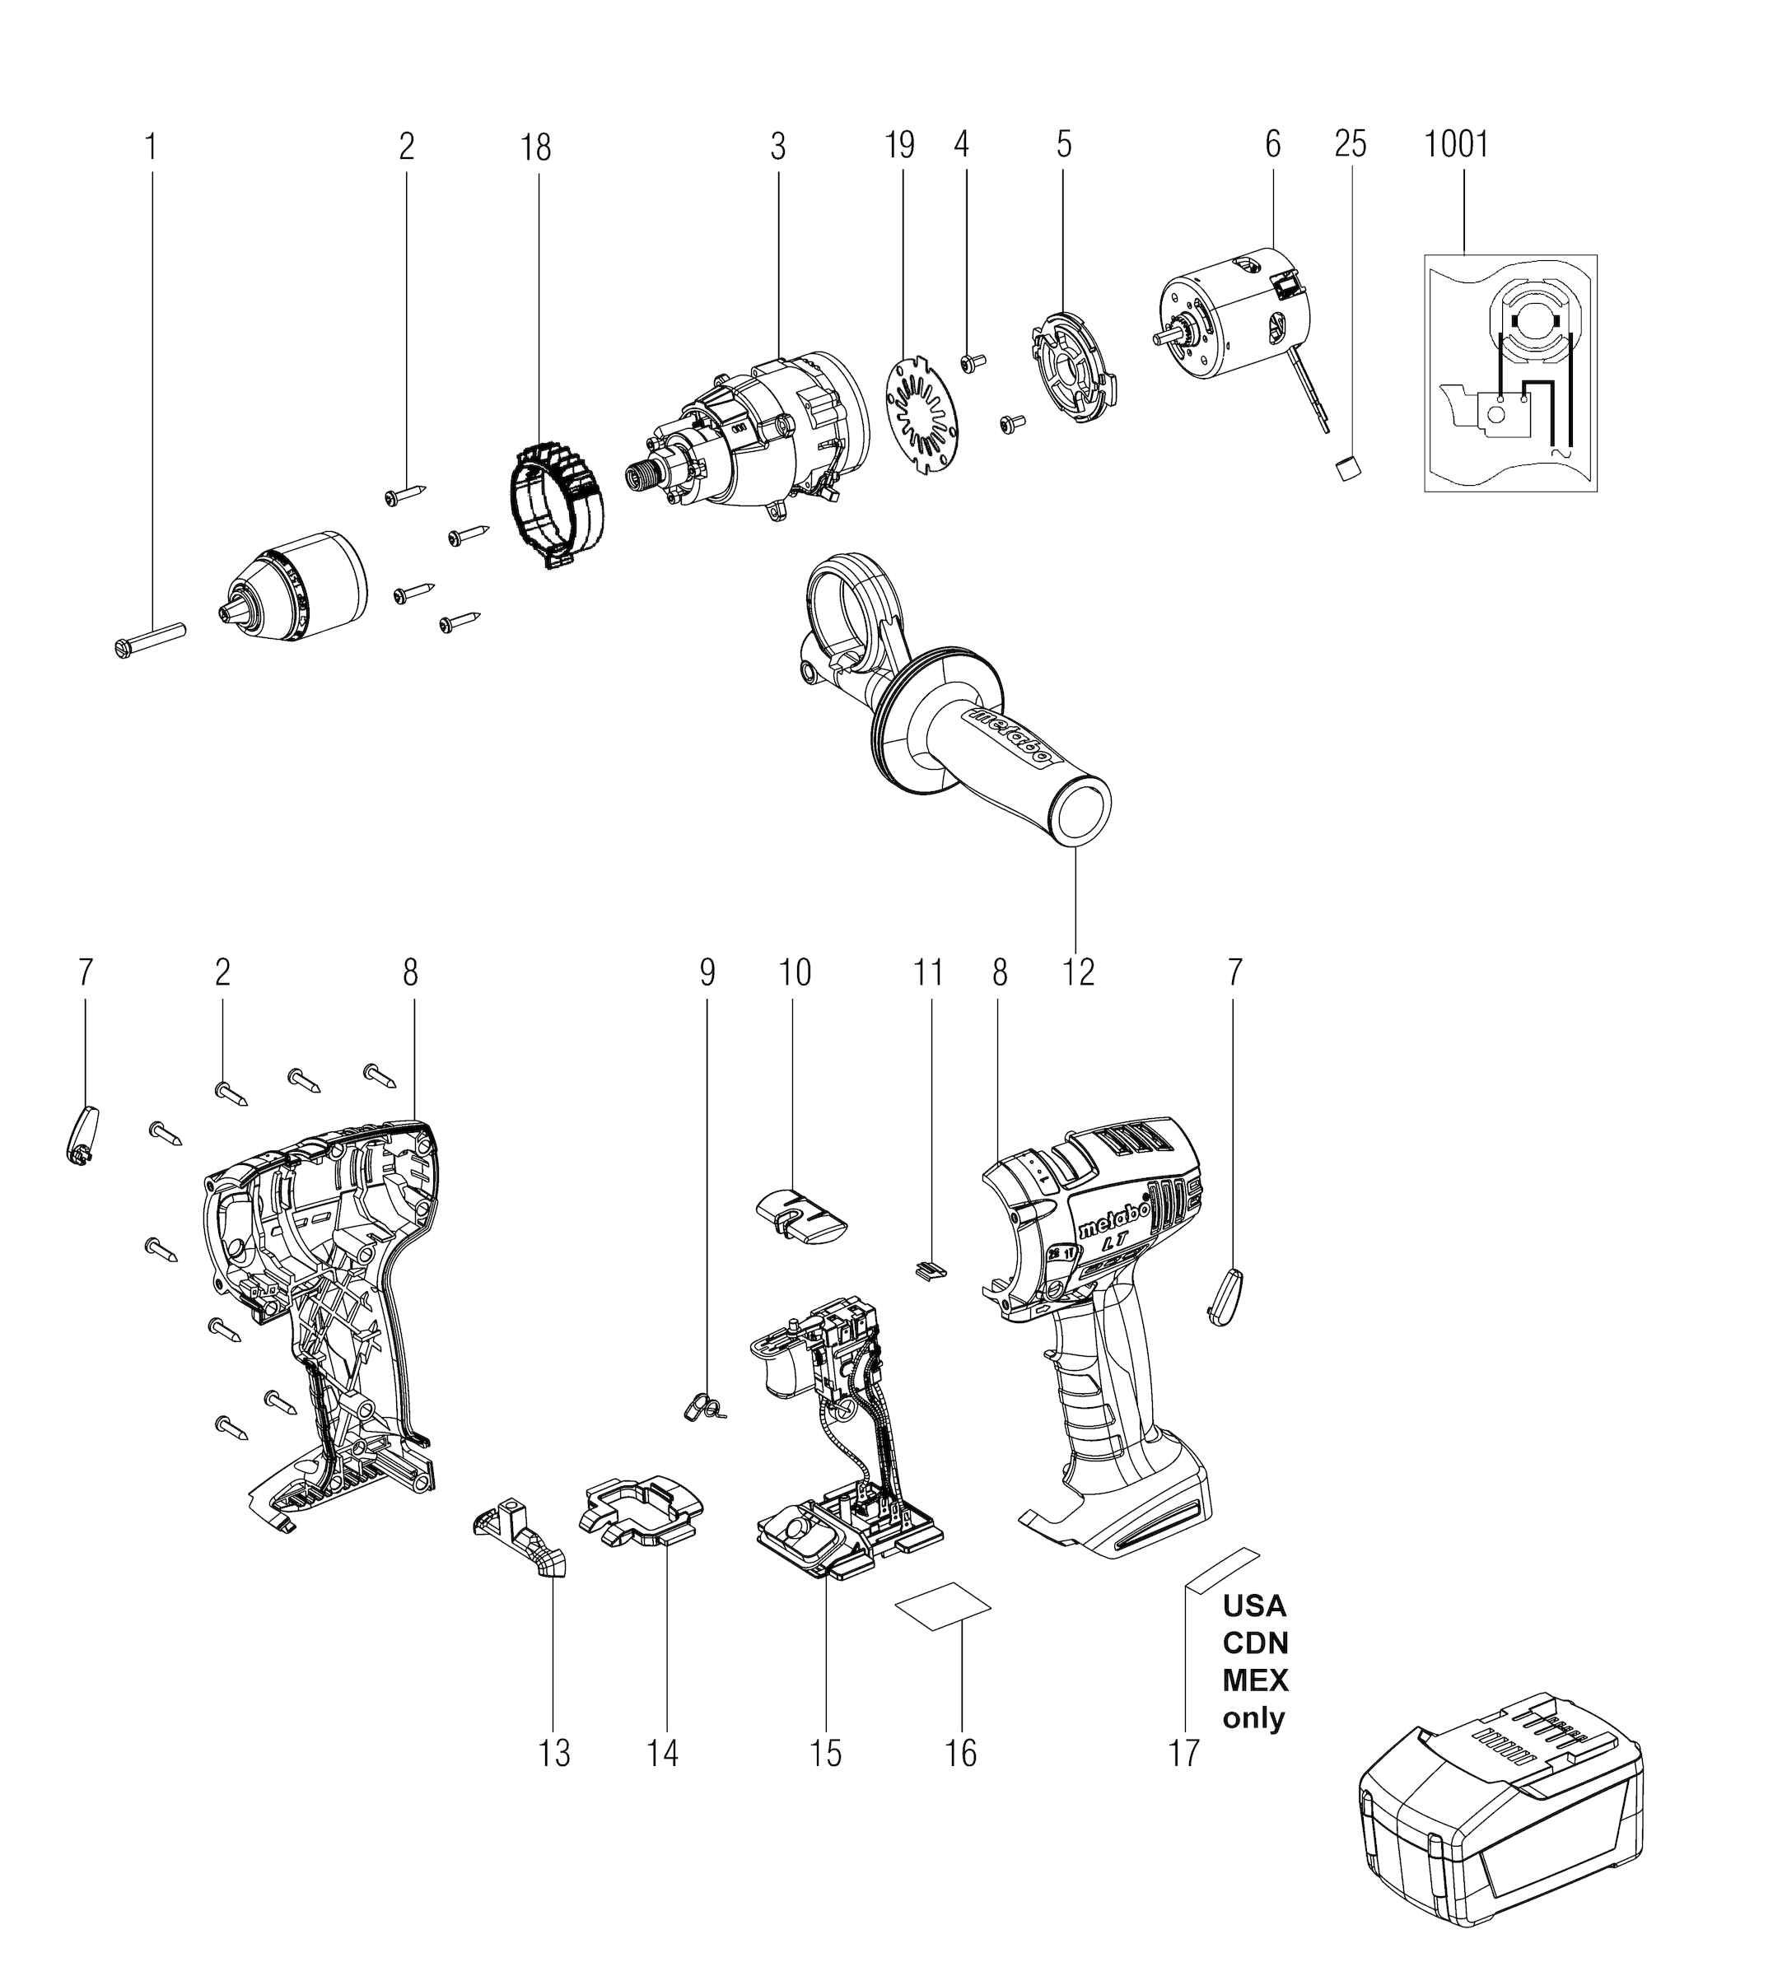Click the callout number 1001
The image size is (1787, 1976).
tap(1456, 145)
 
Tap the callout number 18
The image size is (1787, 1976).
tap(535, 147)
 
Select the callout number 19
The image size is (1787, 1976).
tap(899, 145)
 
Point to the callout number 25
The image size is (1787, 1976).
tap(1350, 144)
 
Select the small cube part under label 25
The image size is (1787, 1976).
tap(1348, 468)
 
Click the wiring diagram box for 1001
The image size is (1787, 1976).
tap(1509, 372)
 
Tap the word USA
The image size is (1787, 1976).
tap(1253, 1605)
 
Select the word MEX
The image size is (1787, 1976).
tap(1255, 1680)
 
